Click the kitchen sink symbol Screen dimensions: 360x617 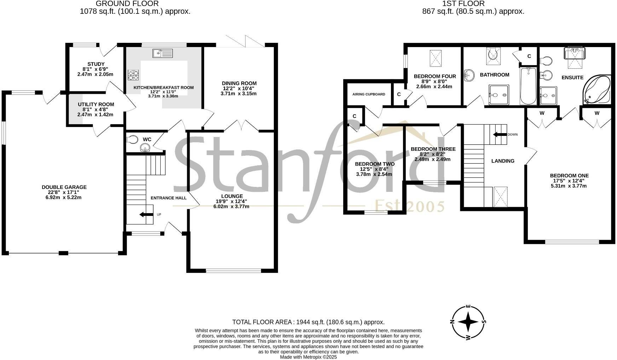coord(163,53)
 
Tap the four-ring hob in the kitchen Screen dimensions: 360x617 coord(133,75)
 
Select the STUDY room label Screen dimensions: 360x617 coord(96,64)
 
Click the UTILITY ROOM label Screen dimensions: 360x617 coord(96,104)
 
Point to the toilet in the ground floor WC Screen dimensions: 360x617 coord(132,139)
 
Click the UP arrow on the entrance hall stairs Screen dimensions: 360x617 coord(146,215)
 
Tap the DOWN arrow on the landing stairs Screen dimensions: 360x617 coord(500,135)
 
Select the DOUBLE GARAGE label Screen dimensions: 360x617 coord(64,187)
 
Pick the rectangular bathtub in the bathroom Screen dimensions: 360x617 coord(528,86)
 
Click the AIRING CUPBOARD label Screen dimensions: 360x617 coord(369,94)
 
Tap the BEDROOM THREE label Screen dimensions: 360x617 coord(433,149)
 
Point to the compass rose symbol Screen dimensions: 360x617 coord(468,322)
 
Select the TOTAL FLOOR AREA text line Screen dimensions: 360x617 coord(308,322)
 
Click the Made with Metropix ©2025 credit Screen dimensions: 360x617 coord(308,357)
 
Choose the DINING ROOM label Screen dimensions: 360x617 coord(239,83)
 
